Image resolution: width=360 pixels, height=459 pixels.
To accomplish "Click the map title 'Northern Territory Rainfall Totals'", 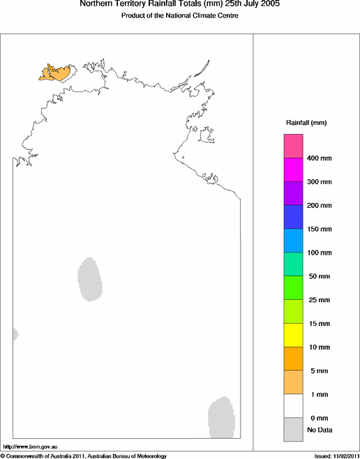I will tap(179, 5).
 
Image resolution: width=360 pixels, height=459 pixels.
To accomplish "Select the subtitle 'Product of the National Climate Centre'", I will tap(179, 16).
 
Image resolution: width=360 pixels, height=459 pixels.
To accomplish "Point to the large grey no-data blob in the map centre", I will tap(89, 279).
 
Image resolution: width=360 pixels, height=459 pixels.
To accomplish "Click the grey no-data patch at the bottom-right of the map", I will tap(222, 417).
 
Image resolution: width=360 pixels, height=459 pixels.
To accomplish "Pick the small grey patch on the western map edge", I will tap(15, 334).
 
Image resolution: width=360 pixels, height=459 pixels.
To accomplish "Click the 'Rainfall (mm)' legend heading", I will tap(306, 123).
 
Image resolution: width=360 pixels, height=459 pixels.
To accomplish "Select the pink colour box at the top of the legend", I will tap(293, 146).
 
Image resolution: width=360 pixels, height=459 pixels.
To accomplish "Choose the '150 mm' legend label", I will tap(320, 229).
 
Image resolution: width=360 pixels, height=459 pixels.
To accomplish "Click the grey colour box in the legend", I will tap(293, 429).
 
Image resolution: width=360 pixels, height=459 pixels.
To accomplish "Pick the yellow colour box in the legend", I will tap(293, 335).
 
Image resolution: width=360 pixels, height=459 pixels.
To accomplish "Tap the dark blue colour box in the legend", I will tap(293, 217).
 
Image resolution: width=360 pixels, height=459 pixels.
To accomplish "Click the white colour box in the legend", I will tap(293, 405).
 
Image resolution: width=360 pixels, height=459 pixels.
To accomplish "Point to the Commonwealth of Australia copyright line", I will tap(84, 456).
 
